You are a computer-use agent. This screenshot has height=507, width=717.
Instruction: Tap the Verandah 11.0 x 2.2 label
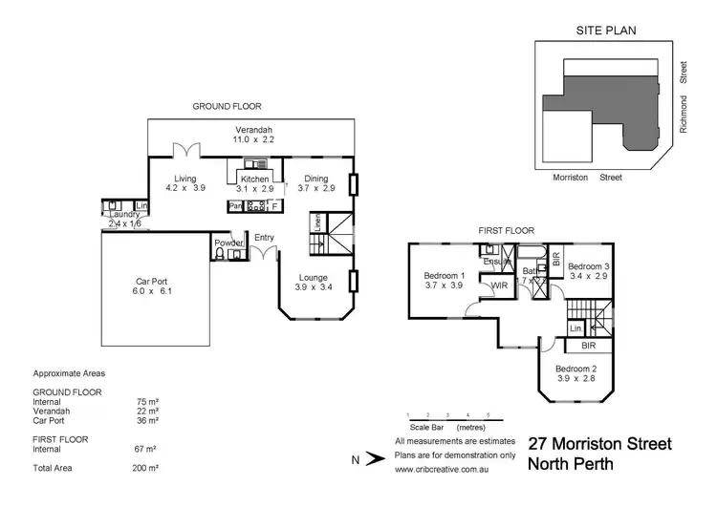(x=255, y=134)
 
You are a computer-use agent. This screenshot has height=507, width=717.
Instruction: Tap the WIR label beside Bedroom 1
(x=498, y=285)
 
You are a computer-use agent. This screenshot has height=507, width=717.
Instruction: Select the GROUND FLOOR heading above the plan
(x=227, y=107)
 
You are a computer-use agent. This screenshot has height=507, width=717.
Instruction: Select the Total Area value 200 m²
(x=145, y=469)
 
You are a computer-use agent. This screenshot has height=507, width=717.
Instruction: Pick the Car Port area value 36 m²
(x=147, y=420)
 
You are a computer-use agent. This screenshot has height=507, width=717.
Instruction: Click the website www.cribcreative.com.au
(x=454, y=469)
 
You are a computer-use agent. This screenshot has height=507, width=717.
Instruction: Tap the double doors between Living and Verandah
(x=186, y=152)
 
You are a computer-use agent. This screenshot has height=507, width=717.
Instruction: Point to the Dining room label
(x=316, y=183)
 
